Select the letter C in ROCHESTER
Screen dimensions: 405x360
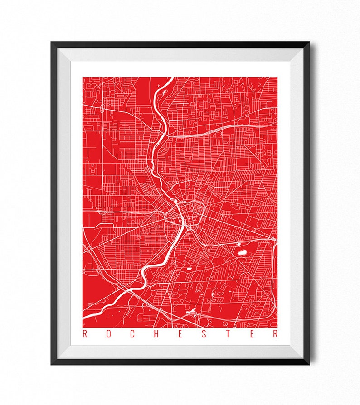tap(131, 335)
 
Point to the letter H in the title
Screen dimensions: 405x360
tap(155, 335)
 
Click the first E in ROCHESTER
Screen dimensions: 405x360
tap(179, 335)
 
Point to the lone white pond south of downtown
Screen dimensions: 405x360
tap(187, 270)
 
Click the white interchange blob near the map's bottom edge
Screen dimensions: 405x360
tap(192, 312)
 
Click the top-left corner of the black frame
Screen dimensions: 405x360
tap(52, 43)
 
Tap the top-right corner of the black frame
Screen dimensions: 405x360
tap(309, 43)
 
